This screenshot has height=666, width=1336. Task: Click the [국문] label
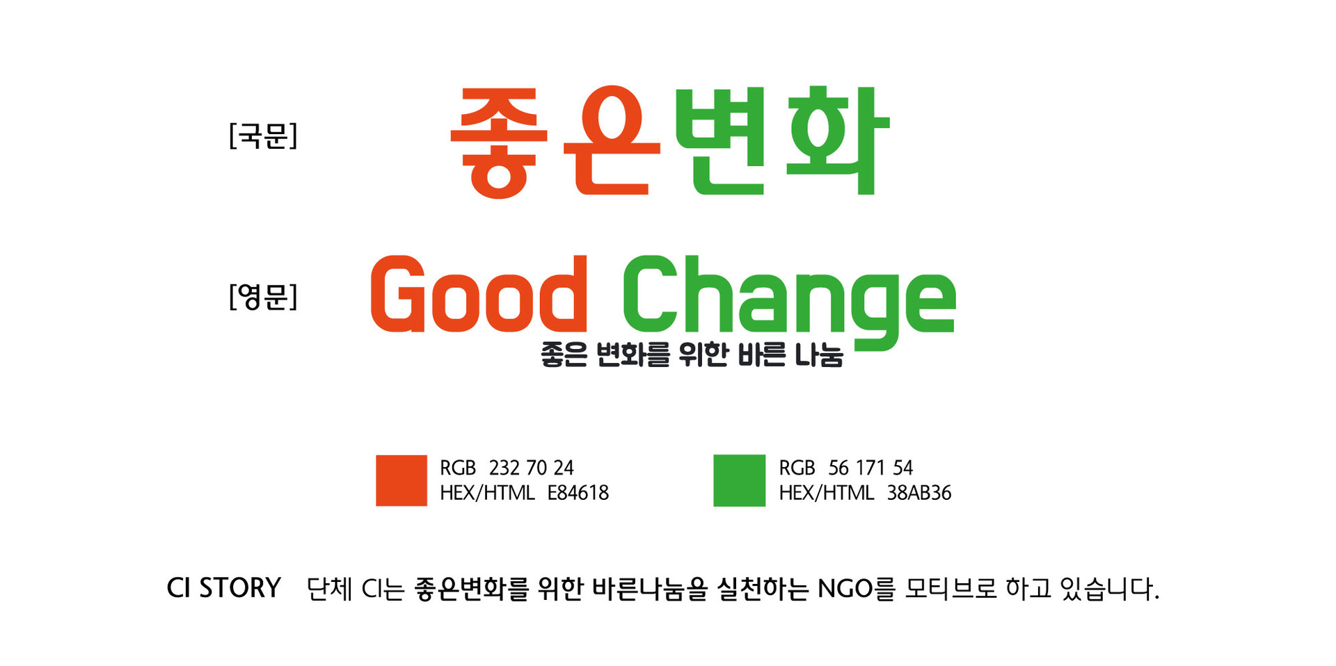click(263, 135)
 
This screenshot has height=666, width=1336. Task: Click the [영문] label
click(263, 297)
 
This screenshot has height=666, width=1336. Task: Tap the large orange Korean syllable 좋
click(499, 143)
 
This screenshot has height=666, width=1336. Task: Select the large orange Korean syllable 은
click(612, 140)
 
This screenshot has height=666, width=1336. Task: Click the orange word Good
click(479, 293)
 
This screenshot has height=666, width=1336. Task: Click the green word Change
click(789, 302)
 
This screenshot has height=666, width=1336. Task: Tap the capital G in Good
click(398, 294)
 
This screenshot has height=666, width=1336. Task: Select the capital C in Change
click(650, 294)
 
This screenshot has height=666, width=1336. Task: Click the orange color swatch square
click(401, 480)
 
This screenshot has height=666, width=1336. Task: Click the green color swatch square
click(739, 480)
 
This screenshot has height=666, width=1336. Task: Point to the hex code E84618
click(578, 493)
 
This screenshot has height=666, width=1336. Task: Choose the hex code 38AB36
click(918, 493)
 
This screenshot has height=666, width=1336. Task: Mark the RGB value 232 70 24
click(531, 468)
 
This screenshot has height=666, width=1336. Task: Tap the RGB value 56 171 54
click(870, 468)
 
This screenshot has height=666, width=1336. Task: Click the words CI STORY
click(223, 588)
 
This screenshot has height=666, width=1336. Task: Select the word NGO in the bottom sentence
click(845, 589)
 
